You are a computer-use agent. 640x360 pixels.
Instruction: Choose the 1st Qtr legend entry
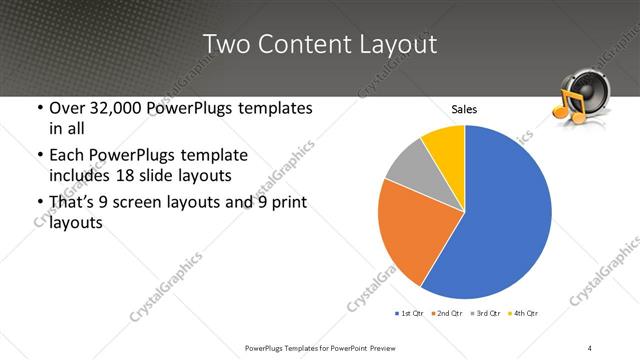409,313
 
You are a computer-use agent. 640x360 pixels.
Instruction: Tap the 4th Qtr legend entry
525,313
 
